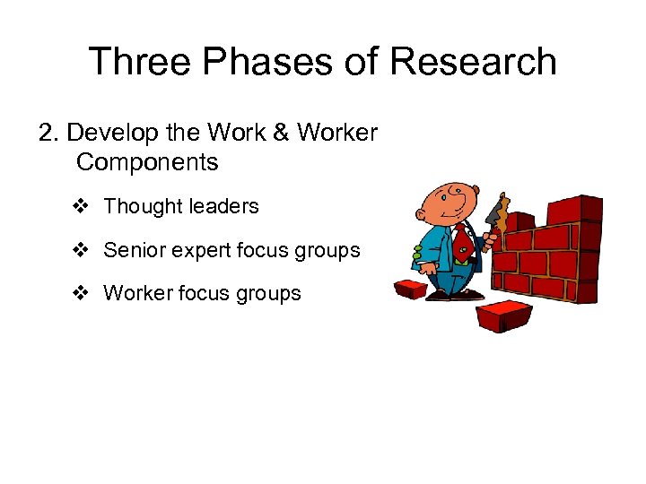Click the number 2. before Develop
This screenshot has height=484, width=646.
(49, 133)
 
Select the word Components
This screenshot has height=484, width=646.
(147, 162)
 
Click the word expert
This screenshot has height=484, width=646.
(196, 251)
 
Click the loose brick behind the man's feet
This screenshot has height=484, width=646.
(412, 290)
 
